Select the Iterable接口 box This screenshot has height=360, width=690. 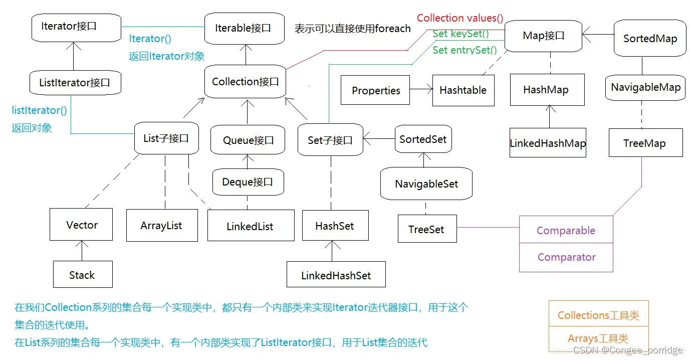pos(243,29)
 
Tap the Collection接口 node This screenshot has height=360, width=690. pos(245,82)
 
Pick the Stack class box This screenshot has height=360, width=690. pos(82,275)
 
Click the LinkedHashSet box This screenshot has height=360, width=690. pos(336,275)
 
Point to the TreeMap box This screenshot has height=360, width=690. pos(645,143)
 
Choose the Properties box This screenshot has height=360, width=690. pos(375,90)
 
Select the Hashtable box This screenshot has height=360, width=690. pos(463,90)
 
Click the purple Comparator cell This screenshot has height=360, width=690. pos(566,257)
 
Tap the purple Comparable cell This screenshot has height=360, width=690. pos(566,230)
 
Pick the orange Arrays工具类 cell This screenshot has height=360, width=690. pos(598,338)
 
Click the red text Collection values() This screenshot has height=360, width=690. pos(460,18)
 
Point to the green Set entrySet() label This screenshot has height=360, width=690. pos(465,50)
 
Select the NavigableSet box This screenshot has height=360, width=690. pos(426,184)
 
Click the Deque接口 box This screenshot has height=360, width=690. pos(248,182)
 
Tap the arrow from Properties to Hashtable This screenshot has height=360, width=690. pos(421,90)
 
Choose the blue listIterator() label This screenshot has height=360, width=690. pos(39,110)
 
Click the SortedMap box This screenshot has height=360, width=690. pos(649,39)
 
